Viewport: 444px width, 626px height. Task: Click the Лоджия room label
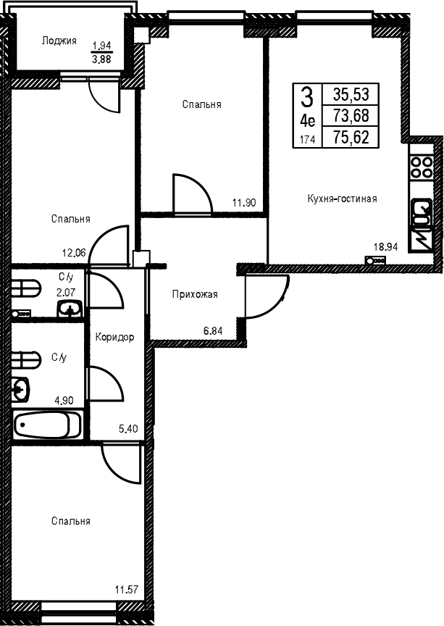(x=59, y=41)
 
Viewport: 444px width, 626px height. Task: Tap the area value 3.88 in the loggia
(x=102, y=59)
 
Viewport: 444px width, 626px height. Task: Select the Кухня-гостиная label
(x=342, y=199)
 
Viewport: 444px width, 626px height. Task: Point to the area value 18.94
(x=386, y=247)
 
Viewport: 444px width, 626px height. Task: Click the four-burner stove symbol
(x=422, y=167)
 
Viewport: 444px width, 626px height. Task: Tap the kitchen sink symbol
(x=422, y=214)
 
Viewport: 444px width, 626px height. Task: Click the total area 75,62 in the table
(x=351, y=138)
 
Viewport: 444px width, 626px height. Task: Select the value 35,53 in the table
(x=351, y=95)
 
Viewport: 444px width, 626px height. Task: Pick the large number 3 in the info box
(x=306, y=97)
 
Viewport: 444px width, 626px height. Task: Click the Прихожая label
(x=195, y=295)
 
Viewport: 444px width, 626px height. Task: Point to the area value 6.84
(x=213, y=330)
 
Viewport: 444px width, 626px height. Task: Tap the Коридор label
(x=114, y=338)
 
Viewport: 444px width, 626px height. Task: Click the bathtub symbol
(x=47, y=425)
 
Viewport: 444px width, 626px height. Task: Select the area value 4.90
(x=64, y=400)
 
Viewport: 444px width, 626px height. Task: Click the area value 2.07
(x=66, y=292)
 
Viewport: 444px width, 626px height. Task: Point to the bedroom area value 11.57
(x=127, y=589)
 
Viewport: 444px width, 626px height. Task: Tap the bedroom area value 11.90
(x=244, y=203)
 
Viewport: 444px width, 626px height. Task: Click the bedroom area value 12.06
(x=74, y=252)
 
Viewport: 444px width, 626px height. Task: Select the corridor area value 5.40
(x=128, y=429)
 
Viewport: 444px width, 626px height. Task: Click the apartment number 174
(x=307, y=139)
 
